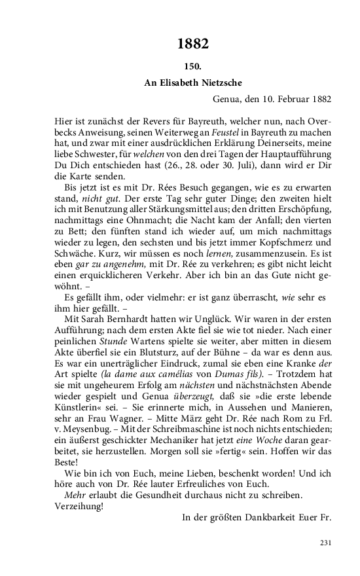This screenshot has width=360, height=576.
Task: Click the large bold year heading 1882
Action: tap(192, 44)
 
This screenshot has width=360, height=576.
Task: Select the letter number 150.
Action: tap(192, 66)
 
